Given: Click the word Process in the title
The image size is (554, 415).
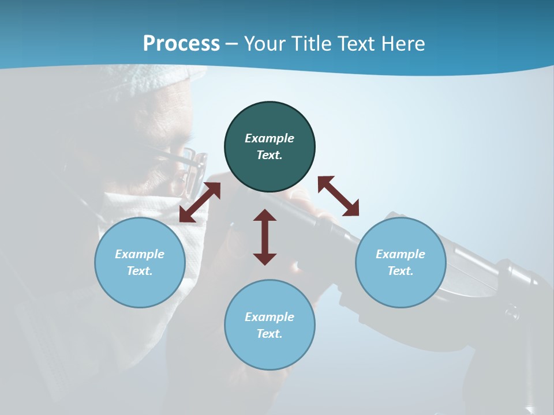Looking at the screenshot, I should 181,44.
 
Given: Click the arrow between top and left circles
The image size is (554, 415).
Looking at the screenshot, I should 200,202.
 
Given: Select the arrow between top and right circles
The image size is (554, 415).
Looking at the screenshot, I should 338,196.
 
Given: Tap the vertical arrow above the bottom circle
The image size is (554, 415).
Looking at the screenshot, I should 265,237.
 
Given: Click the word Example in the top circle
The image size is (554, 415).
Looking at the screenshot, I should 269,138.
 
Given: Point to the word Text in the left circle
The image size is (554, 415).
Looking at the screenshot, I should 140,271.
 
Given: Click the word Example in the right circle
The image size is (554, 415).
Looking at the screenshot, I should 400,254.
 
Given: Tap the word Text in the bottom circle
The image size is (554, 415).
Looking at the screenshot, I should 269,334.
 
